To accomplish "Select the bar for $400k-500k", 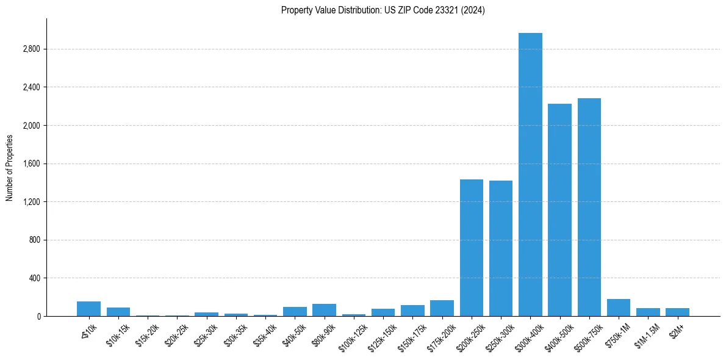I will tap(559, 210).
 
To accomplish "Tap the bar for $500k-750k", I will tap(589, 207).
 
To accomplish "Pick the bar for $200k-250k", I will tap(472, 248).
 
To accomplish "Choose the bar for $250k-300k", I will tap(501, 248).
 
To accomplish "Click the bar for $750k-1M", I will tap(619, 308).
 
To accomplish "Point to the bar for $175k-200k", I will tap(442, 309).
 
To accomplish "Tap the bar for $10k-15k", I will tap(118, 312).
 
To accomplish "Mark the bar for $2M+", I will tap(677, 312).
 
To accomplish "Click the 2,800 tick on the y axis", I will tap(31, 49).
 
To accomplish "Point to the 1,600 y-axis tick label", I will tap(31, 164).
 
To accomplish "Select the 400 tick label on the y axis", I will tap(34, 278).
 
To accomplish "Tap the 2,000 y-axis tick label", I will tap(31, 126).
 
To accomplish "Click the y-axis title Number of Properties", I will tap(9, 167).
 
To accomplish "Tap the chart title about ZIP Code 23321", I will tap(383, 10).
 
